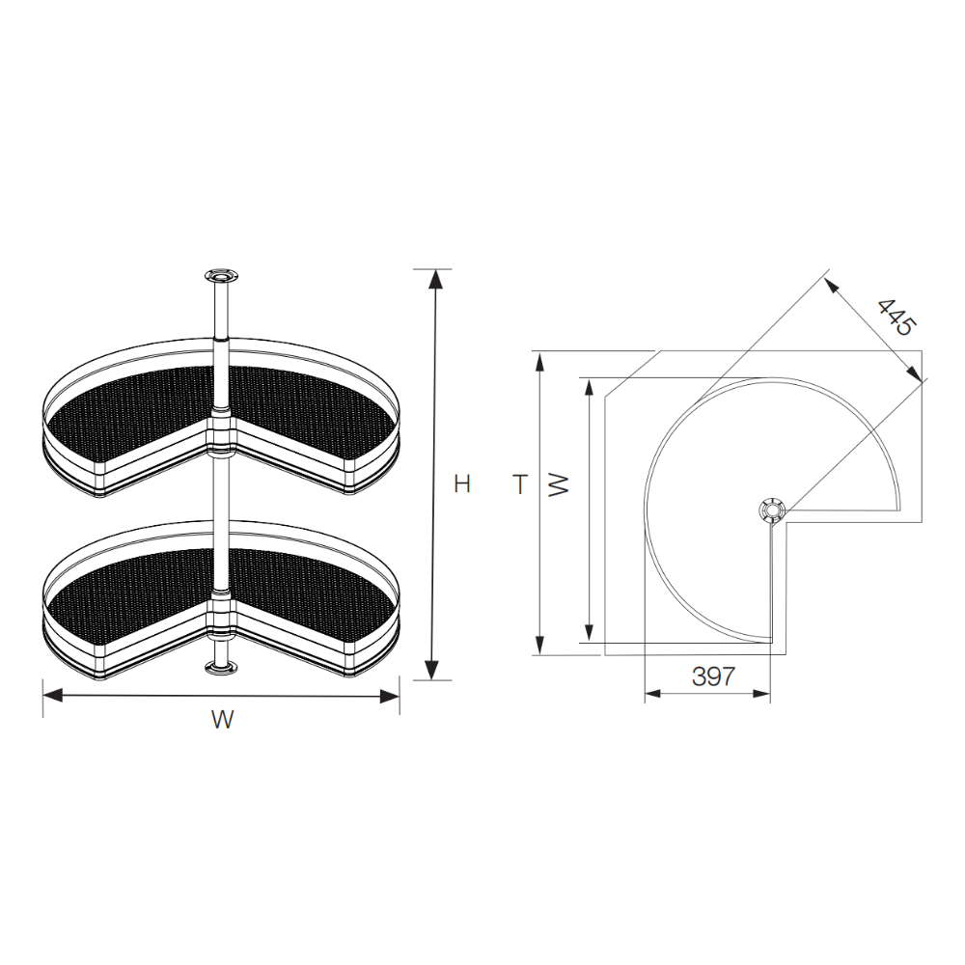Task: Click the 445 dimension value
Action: pos(896,317)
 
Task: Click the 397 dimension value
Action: pos(713,676)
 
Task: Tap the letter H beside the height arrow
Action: pos(461,483)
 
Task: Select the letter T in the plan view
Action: pos(520,484)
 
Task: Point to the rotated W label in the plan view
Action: pos(559,485)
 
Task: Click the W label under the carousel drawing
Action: pos(222,719)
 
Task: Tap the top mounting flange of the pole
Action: pos(222,276)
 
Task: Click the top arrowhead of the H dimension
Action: pos(435,279)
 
